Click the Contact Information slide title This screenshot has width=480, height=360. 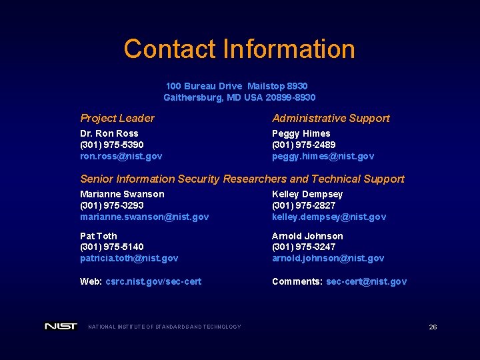pyautogui.click(x=239, y=49)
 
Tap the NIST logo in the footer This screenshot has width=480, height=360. pyautogui.click(x=61, y=326)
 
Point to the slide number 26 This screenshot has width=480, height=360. pyautogui.click(x=433, y=327)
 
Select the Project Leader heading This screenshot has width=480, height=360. pyautogui.click(x=117, y=118)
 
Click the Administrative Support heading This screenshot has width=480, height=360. pyautogui.click(x=331, y=118)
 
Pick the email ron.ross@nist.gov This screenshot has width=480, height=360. pyautogui.click(x=121, y=156)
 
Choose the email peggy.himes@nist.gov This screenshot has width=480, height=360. pyautogui.click(x=323, y=156)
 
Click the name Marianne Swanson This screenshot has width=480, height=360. pyautogui.click(x=122, y=194)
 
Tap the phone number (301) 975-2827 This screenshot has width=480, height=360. pyautogui.click(x=304, y=205)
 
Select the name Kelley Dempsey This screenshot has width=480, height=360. pyautogui.click(x=307, y=194)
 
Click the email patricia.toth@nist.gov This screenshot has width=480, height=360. pyautogui.click(x=129, y=258)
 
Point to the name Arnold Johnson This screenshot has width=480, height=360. pyautogui.click(x=307, y=236)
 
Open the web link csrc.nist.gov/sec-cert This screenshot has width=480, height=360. pyautogui.click(x=153, y=281)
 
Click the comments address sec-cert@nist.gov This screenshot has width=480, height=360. pyautogui.click(x=366, y=281)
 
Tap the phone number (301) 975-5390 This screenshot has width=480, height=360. pyautogui.click(x=112, y=145)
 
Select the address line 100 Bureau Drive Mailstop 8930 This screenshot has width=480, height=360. pyautogui.click(x=237, y=86)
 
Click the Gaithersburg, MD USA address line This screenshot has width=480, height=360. pyautogui.click(x=239, y=97)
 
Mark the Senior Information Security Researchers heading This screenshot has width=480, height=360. pyautogui.click(x=242, y=179)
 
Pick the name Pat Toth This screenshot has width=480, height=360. pyautogui.click(x=99, y=236)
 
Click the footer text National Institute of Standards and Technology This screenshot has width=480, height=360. pyautogui.click(x=165, y=327)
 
